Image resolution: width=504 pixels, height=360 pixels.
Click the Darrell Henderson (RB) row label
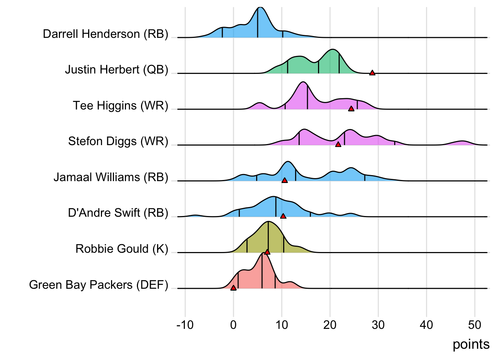coord(105,34)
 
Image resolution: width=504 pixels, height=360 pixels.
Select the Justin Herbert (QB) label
coord(116,70)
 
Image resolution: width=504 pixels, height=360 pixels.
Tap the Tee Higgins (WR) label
coord(120,106)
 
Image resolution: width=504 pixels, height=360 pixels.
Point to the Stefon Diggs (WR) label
coord(118,141)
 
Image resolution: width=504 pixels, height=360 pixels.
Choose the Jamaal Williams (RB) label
coord(111,177)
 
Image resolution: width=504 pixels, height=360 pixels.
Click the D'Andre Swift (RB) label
coord(118,213)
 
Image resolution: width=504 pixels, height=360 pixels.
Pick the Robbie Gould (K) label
coord(122,249)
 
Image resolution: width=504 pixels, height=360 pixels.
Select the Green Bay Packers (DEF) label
coord(99,285)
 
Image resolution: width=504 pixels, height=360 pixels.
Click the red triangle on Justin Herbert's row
coord(372,73)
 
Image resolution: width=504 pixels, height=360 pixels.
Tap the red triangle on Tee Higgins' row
coord(351,109)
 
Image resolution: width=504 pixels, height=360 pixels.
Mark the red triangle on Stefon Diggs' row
coord(338,144)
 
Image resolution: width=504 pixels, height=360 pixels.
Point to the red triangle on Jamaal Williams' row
coord(285,180)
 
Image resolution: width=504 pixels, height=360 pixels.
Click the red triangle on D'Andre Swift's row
coord(283,216)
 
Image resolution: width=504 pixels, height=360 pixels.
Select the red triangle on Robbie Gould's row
coord(267,252)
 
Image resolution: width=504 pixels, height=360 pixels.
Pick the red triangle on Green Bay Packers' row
coord(233,288)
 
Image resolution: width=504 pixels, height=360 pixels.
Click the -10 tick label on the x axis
coord(185,325)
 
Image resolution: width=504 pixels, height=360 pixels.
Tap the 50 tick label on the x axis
coord(475,325)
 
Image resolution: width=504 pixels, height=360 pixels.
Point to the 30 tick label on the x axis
coord(378,325)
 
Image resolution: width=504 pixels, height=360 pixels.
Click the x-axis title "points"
coord(471,344)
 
